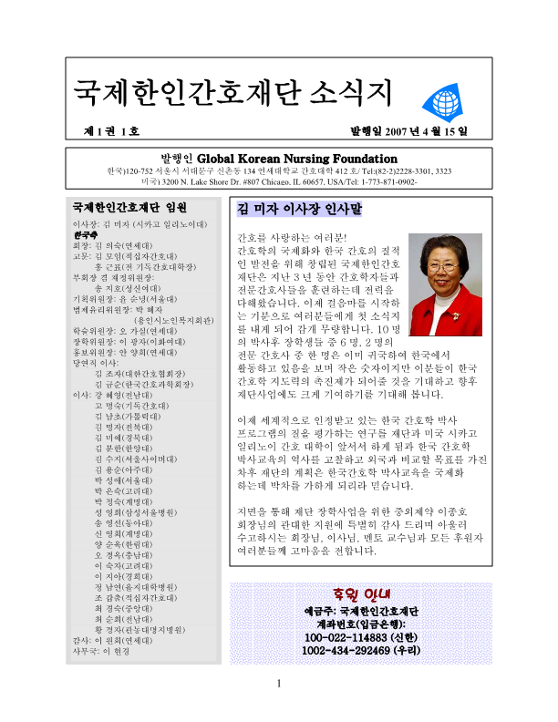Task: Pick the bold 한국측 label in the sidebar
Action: click(x=86, y=234)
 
